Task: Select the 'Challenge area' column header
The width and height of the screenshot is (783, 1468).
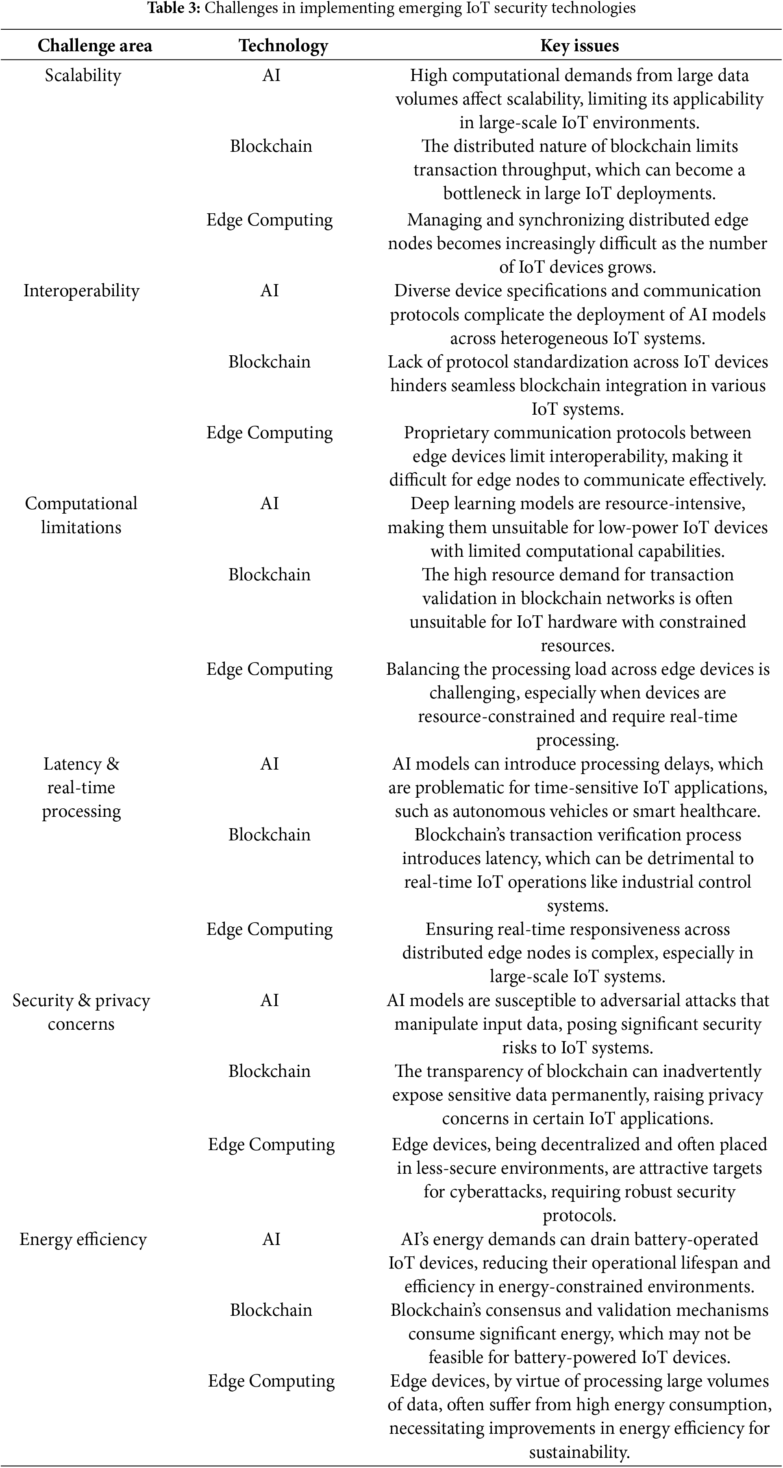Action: [95, 46]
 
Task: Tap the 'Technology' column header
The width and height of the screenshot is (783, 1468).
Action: [283, 46]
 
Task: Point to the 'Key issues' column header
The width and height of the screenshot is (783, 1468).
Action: [579, 46]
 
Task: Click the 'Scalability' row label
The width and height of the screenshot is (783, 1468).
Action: [83, 75]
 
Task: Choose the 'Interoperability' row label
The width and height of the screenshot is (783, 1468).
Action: [81, 291]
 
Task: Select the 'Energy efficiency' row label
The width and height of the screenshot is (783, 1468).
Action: [83, 1239]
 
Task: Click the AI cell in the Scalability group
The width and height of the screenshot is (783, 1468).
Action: [271, 75]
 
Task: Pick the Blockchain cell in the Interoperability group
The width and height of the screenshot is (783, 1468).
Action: [270, 361]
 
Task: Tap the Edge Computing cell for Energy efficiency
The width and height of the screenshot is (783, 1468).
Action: [271, 1381]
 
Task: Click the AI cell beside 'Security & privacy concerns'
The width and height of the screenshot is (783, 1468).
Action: [270, 1000]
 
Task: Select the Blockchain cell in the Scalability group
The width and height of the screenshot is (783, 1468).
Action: [271, 146]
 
